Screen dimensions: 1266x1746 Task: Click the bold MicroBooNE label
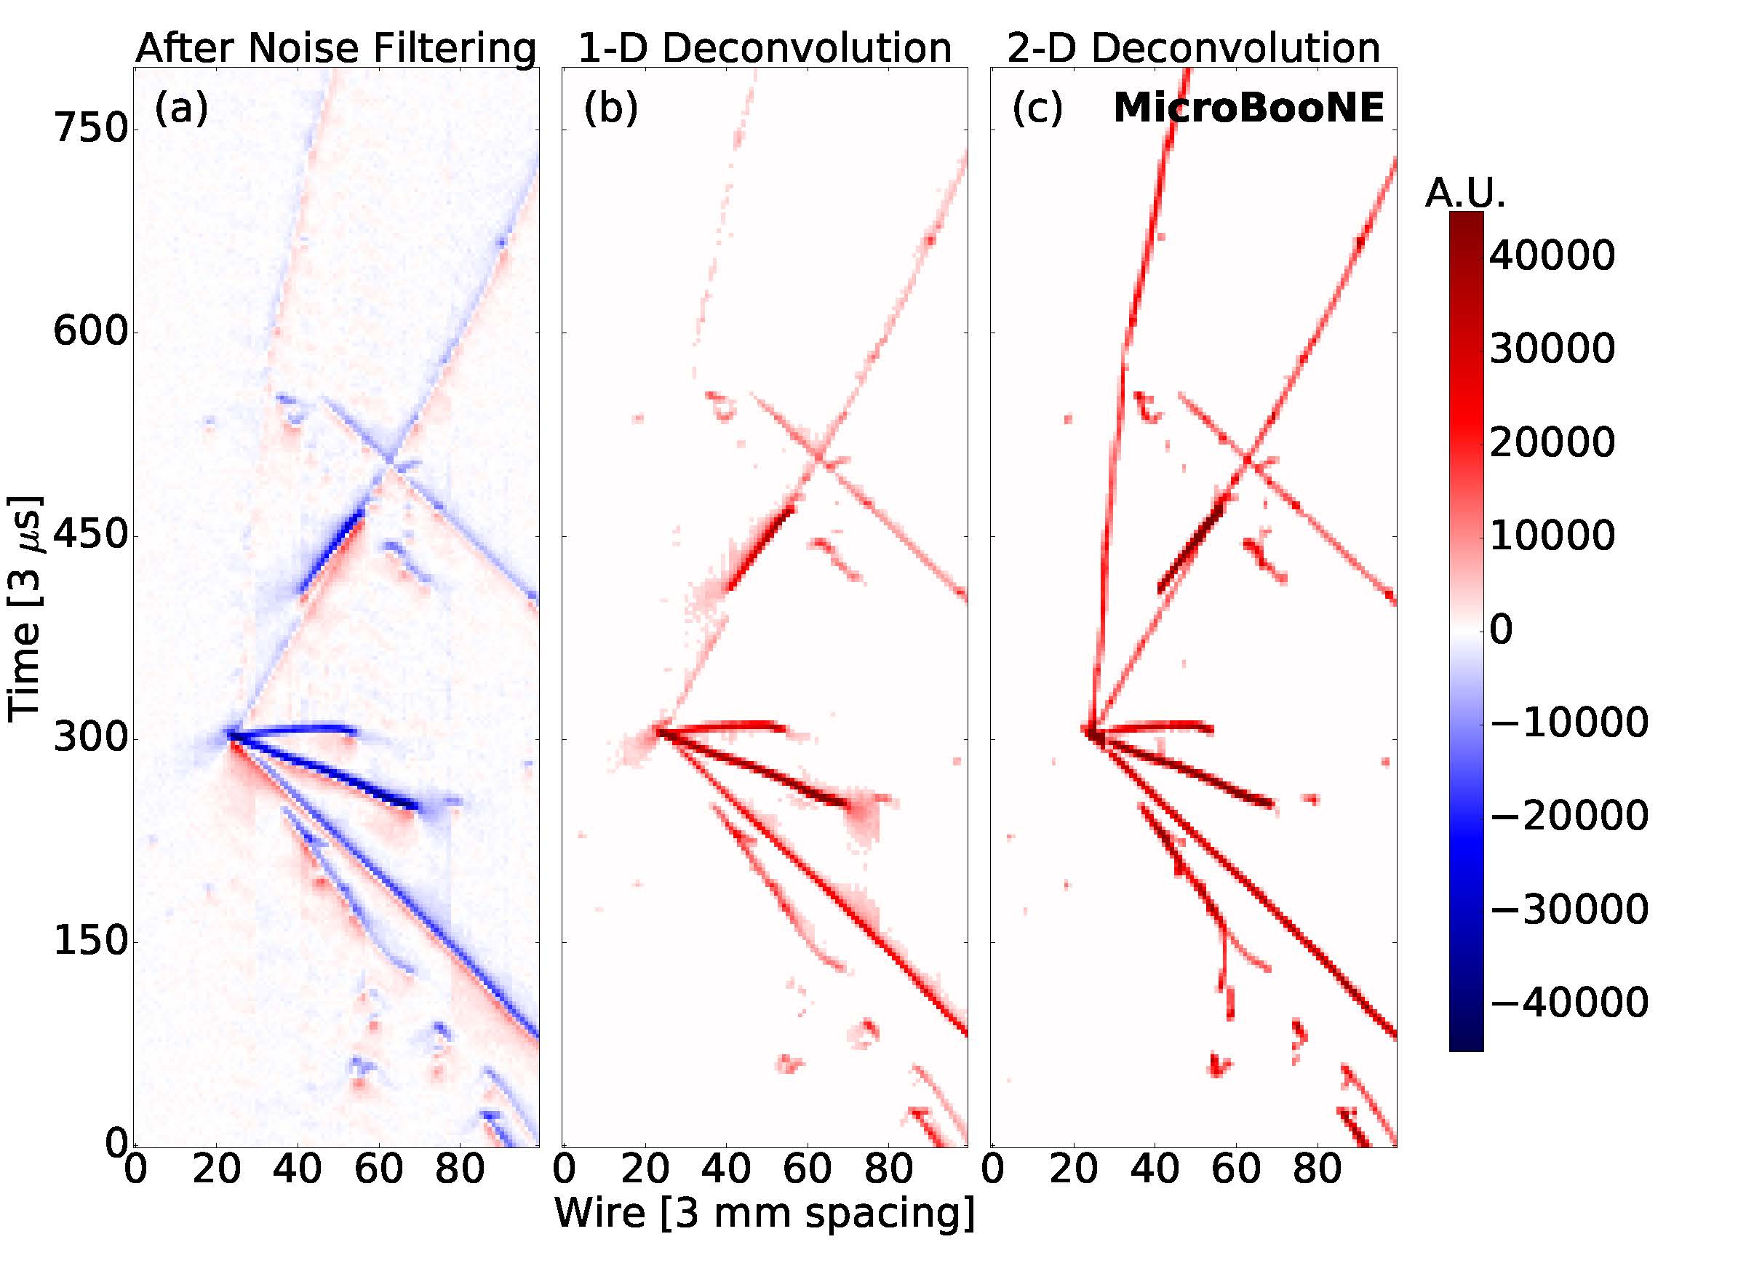click(1248, 108)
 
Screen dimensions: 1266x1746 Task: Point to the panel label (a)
click(182, 108)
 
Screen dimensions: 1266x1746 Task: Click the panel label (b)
click(610, 108)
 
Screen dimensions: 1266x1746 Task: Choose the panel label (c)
click(1037, 108)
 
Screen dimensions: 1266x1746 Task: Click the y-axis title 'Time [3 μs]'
click(25, 608)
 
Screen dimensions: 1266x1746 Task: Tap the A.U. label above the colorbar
click(1465, 193)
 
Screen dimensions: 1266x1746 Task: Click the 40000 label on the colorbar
click(1552, 255)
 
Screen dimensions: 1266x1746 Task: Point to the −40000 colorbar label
click(1569, 1003)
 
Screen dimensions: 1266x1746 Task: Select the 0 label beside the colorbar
click(1501, 629)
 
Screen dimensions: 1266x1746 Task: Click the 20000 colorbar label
click(1552, 443)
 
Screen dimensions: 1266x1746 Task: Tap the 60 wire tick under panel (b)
click(808, 1169)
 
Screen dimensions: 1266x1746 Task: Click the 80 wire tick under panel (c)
click(1318, 1169)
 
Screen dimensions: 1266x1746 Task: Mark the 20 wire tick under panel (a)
click(215, 1169)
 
